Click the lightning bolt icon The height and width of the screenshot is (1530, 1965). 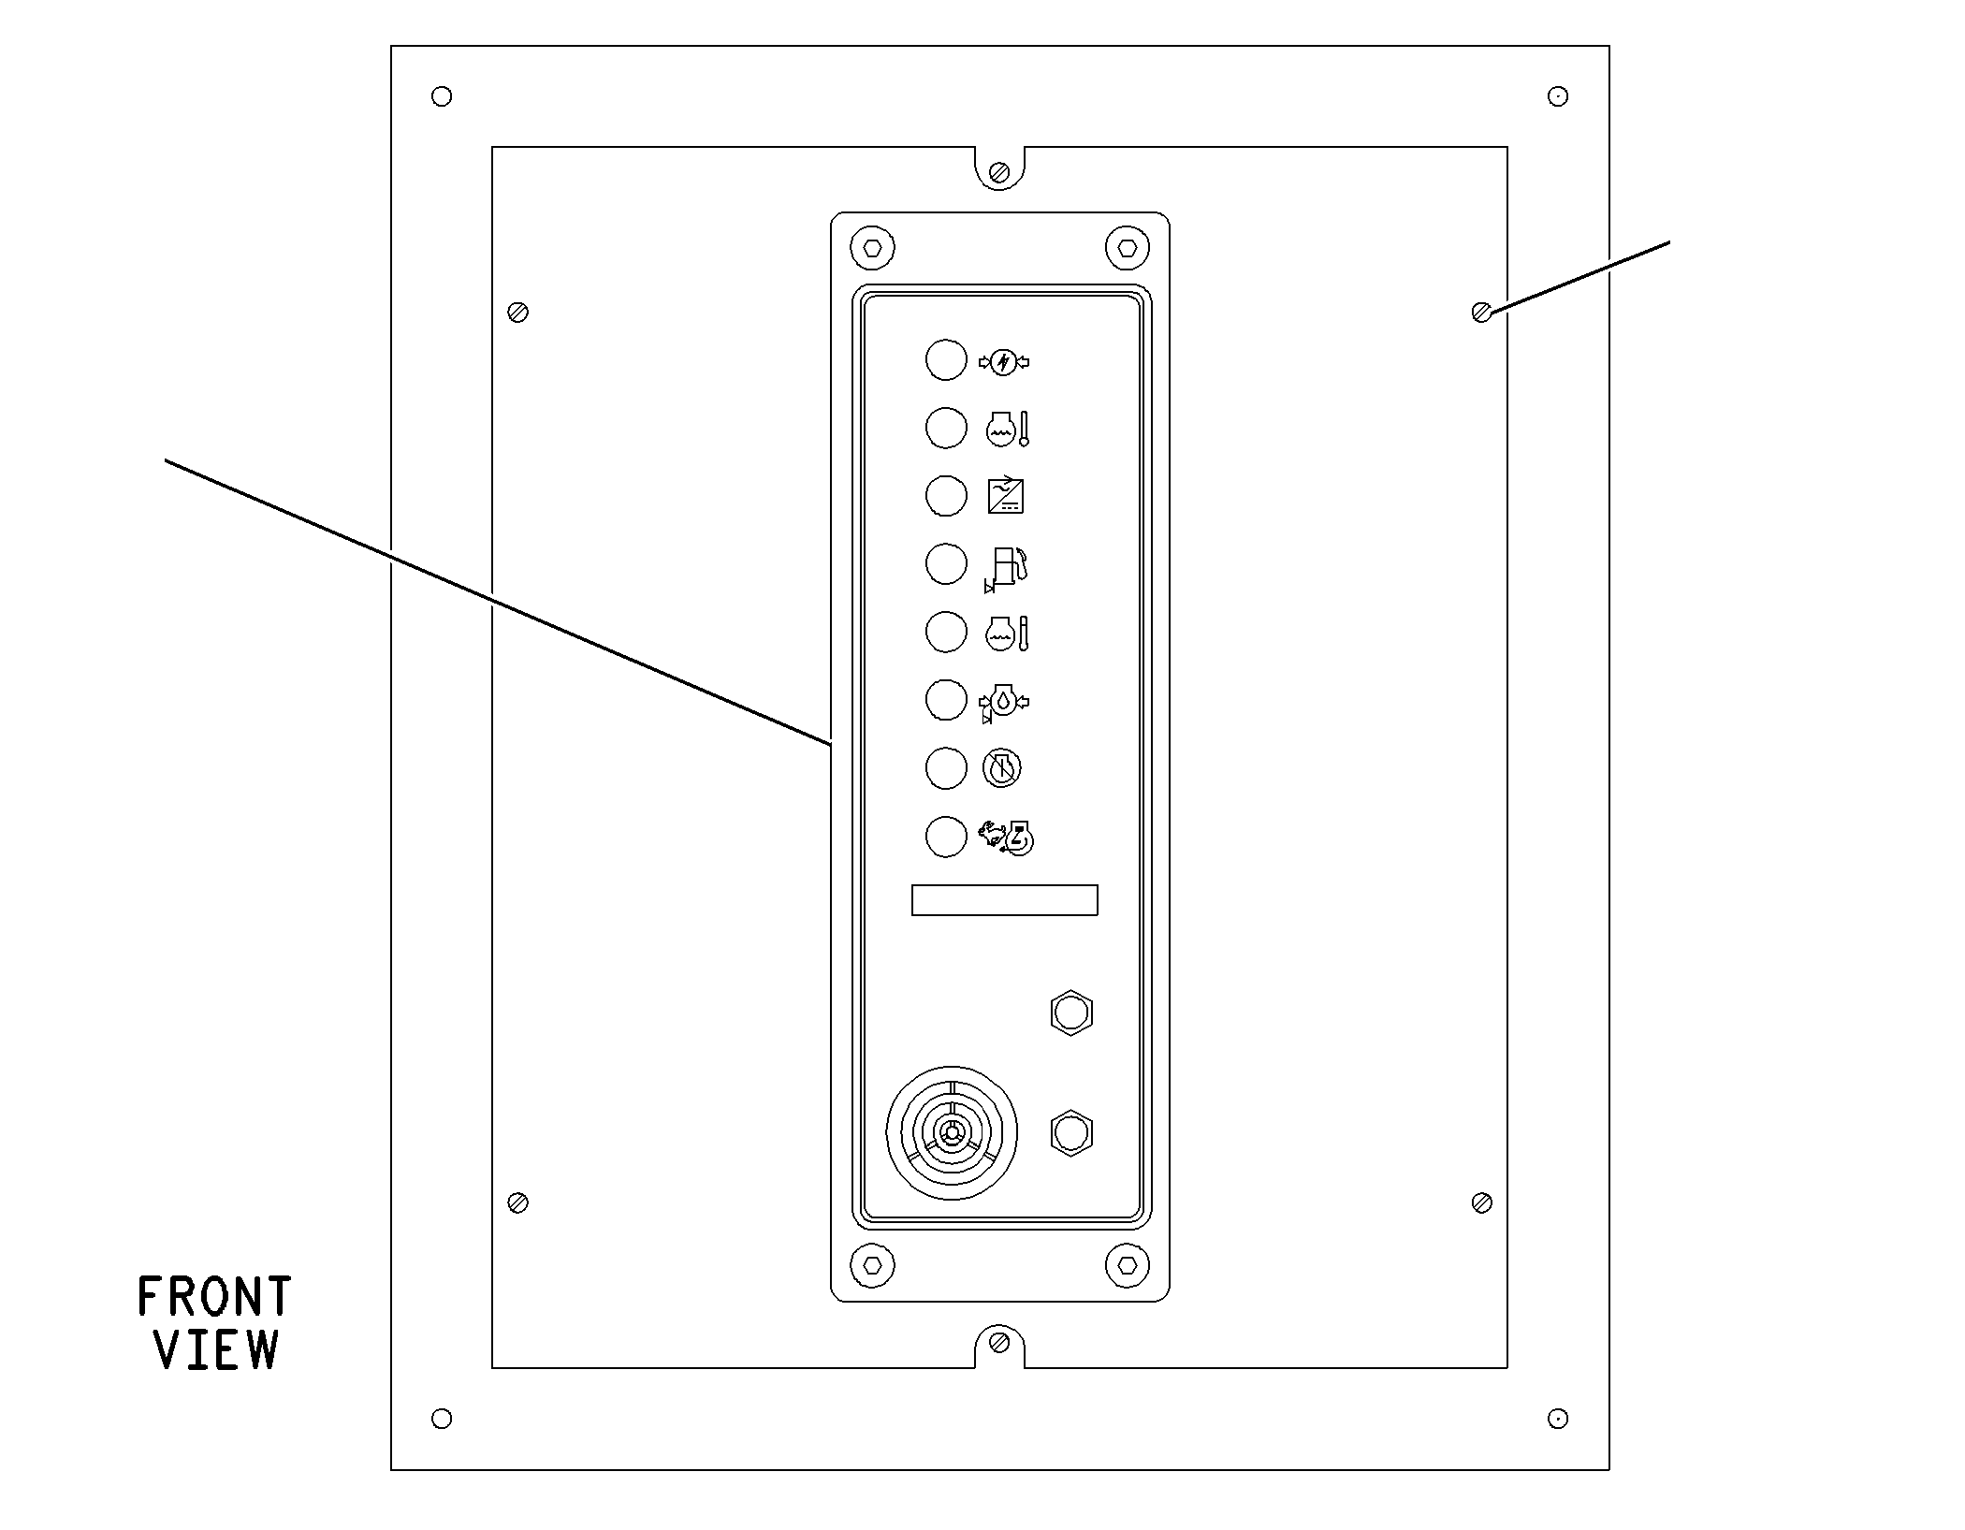click(1004, 362)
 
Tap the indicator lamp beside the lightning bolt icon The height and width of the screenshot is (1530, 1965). click(946, 360)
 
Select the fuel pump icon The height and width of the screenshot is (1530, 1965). click(1006, 568)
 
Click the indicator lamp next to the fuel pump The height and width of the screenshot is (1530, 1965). click(946, 564)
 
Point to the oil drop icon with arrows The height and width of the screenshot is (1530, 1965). click(1004, 702)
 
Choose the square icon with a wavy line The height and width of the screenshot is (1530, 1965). click(1006, 496)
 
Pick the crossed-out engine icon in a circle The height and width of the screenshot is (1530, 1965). click(1002, 769)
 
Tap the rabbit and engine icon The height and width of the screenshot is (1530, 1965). click(1007, 838)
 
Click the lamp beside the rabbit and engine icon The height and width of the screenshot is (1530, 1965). click(946, 837)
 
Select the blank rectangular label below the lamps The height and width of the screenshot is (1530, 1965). click(1005, 900)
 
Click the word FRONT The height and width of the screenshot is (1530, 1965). click(214, 1297)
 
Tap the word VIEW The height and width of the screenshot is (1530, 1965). click(217, 1349)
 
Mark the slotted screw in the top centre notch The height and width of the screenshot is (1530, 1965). click(999, 172)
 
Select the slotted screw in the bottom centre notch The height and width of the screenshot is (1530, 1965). click(999, 1344)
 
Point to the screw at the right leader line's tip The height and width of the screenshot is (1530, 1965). click(1481, 313)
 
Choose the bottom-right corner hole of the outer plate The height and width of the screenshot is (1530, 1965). click(1558, 1419)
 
